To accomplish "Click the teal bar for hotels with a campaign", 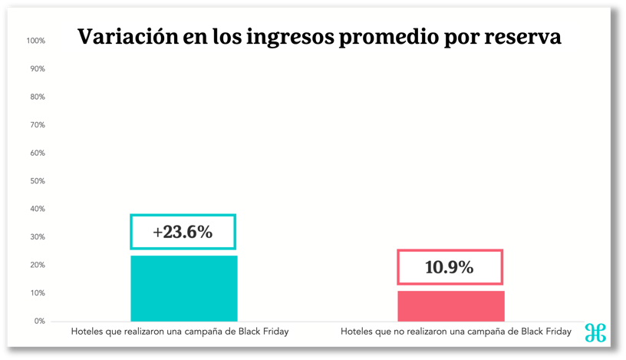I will [x=183, y=288].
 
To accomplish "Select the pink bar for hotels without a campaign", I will [x=450, y=306].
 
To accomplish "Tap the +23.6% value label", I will [x=183, y=232].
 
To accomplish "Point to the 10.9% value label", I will [x=450, y=267].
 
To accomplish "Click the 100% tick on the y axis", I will [x=35, y=40].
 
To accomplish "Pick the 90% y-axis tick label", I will [x=37, y=68].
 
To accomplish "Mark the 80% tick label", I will [x=37, y=97].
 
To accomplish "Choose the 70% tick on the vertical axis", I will [x=37, y=124].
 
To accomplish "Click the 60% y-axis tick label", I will [x=37, y=153].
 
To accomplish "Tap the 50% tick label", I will [x=37, y=181].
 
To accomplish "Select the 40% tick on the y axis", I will [x=37, y=209].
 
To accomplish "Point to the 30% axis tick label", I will [x=37, y=237].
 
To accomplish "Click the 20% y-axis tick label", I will [x=37, y=265].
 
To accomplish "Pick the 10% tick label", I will [x=37, y=293].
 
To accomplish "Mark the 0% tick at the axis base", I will [x=38, y=321].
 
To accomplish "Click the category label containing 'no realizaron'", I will [x=456, y=332].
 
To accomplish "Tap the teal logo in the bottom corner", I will [x=595, y=332].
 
